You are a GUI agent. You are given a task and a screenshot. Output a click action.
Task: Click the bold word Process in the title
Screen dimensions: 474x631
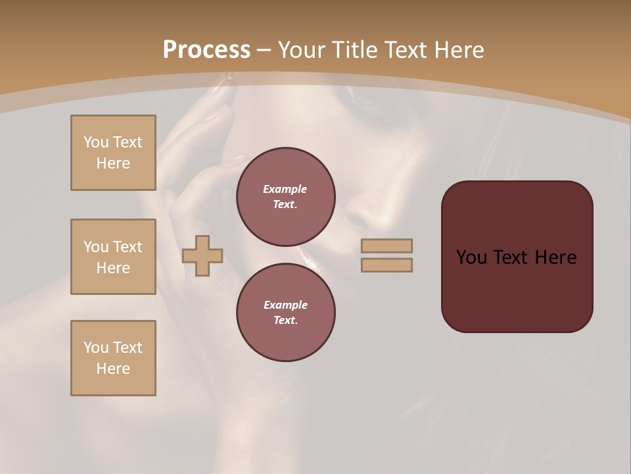(206, 50)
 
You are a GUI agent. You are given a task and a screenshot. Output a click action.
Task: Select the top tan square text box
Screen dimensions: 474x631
(113, 153)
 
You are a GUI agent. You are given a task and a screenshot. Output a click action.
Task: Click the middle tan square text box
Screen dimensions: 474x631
(113, 257)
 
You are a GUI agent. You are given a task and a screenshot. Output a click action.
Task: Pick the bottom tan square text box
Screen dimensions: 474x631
(113, 358)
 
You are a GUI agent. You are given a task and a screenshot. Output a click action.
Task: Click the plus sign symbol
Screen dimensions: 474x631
(202, 255)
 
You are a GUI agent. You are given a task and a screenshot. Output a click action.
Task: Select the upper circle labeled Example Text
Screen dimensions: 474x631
(286, 197)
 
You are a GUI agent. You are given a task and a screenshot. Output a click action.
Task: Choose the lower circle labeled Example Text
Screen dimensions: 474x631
(286, 313)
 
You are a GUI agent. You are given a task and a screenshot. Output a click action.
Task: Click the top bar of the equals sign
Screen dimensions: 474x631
(387, 246)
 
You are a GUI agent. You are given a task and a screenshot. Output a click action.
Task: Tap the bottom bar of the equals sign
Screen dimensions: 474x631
(387, 265)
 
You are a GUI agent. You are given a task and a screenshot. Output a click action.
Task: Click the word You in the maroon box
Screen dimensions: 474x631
(471, 257)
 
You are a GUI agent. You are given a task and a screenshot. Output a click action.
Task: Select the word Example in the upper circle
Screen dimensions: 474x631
(285, 189)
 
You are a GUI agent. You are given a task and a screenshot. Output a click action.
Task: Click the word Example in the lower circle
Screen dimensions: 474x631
(285, 305)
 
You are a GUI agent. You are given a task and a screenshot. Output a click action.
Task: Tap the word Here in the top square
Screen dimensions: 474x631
(113, 163)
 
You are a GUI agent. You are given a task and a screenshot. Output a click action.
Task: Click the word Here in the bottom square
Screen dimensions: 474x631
(113, 369)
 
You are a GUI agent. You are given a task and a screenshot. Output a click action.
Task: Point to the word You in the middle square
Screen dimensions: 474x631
(96, 247)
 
